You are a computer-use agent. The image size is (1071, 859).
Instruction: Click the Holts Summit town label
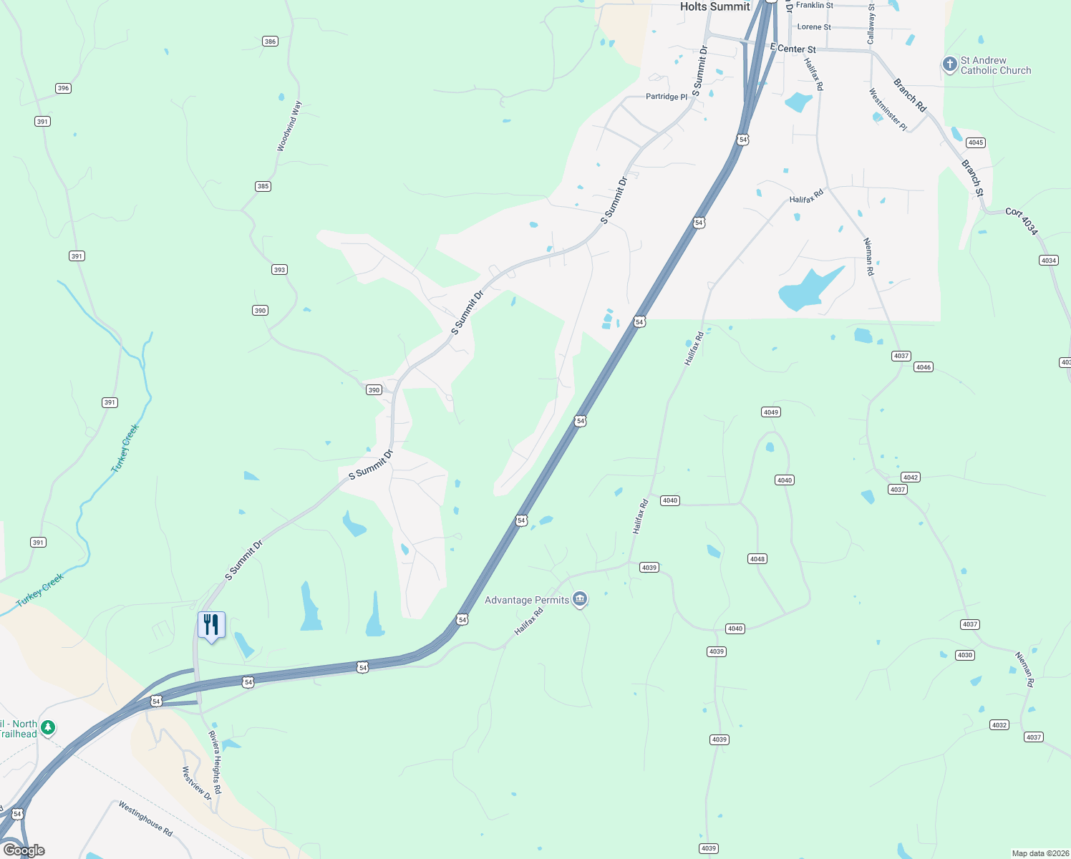click(x=714, y=6)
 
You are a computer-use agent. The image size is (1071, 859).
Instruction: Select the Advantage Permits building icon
click(x=580, y=599)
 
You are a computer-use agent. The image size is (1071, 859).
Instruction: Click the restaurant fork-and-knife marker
click(x=211, y=625)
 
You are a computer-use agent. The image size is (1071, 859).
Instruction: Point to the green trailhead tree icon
click(x=48, y=728)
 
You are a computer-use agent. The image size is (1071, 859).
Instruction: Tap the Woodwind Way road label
click(x=290, y=126)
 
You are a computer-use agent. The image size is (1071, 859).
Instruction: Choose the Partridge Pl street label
click(x=666, y=97)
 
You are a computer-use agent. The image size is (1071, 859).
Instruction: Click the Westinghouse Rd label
click(x=145, y=819)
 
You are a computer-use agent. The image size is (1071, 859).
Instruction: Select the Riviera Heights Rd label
click(x=215, y=762)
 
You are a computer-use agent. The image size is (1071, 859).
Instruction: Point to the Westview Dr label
click(x=196, y=783)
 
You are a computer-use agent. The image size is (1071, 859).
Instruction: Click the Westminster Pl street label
click(x=888, y=110)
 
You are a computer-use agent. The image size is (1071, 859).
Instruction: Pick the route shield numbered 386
click(x=270, y=42)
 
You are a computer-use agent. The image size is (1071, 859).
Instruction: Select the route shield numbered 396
click(x=63, y=89)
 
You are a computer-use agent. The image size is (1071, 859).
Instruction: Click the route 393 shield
click(x=279, y=270)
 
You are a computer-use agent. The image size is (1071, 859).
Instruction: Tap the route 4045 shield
click(x=976, y=142)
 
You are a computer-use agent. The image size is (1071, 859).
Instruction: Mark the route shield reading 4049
click(x=770, y=412)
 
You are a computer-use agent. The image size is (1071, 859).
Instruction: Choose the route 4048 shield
click(x=757, y=559)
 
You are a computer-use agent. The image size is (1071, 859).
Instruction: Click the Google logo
click(x=24, y=850)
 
